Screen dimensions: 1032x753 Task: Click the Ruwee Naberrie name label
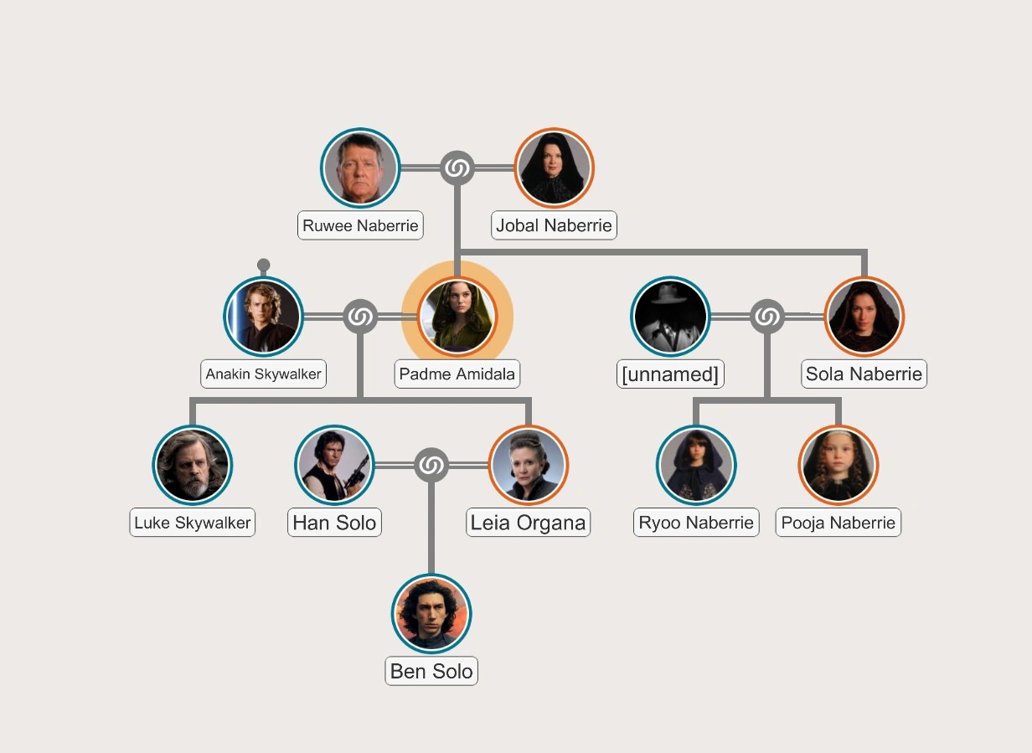360,225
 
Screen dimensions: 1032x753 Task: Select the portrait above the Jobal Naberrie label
554,168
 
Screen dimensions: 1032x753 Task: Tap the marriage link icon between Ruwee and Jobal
457,168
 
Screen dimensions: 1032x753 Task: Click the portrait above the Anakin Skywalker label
264,317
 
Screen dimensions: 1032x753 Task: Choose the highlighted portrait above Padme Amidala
457,317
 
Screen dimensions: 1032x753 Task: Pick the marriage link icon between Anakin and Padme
360,317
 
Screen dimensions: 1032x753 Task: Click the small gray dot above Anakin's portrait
264,266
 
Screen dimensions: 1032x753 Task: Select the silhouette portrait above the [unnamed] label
670,317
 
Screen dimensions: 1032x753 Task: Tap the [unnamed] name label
670,374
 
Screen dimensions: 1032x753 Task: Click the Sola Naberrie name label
864,374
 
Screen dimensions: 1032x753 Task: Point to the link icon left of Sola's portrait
766,317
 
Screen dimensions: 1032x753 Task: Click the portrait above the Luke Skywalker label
193,465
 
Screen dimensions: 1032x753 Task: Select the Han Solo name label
335,523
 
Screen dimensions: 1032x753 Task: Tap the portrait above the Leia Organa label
528,465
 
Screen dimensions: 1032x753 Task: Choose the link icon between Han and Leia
431,465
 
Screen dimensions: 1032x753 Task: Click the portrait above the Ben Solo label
431,614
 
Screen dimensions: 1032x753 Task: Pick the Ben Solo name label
431,671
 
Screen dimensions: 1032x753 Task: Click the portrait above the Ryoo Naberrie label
696,465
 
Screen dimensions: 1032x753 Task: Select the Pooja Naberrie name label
838,523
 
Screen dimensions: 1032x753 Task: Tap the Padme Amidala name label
457,374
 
